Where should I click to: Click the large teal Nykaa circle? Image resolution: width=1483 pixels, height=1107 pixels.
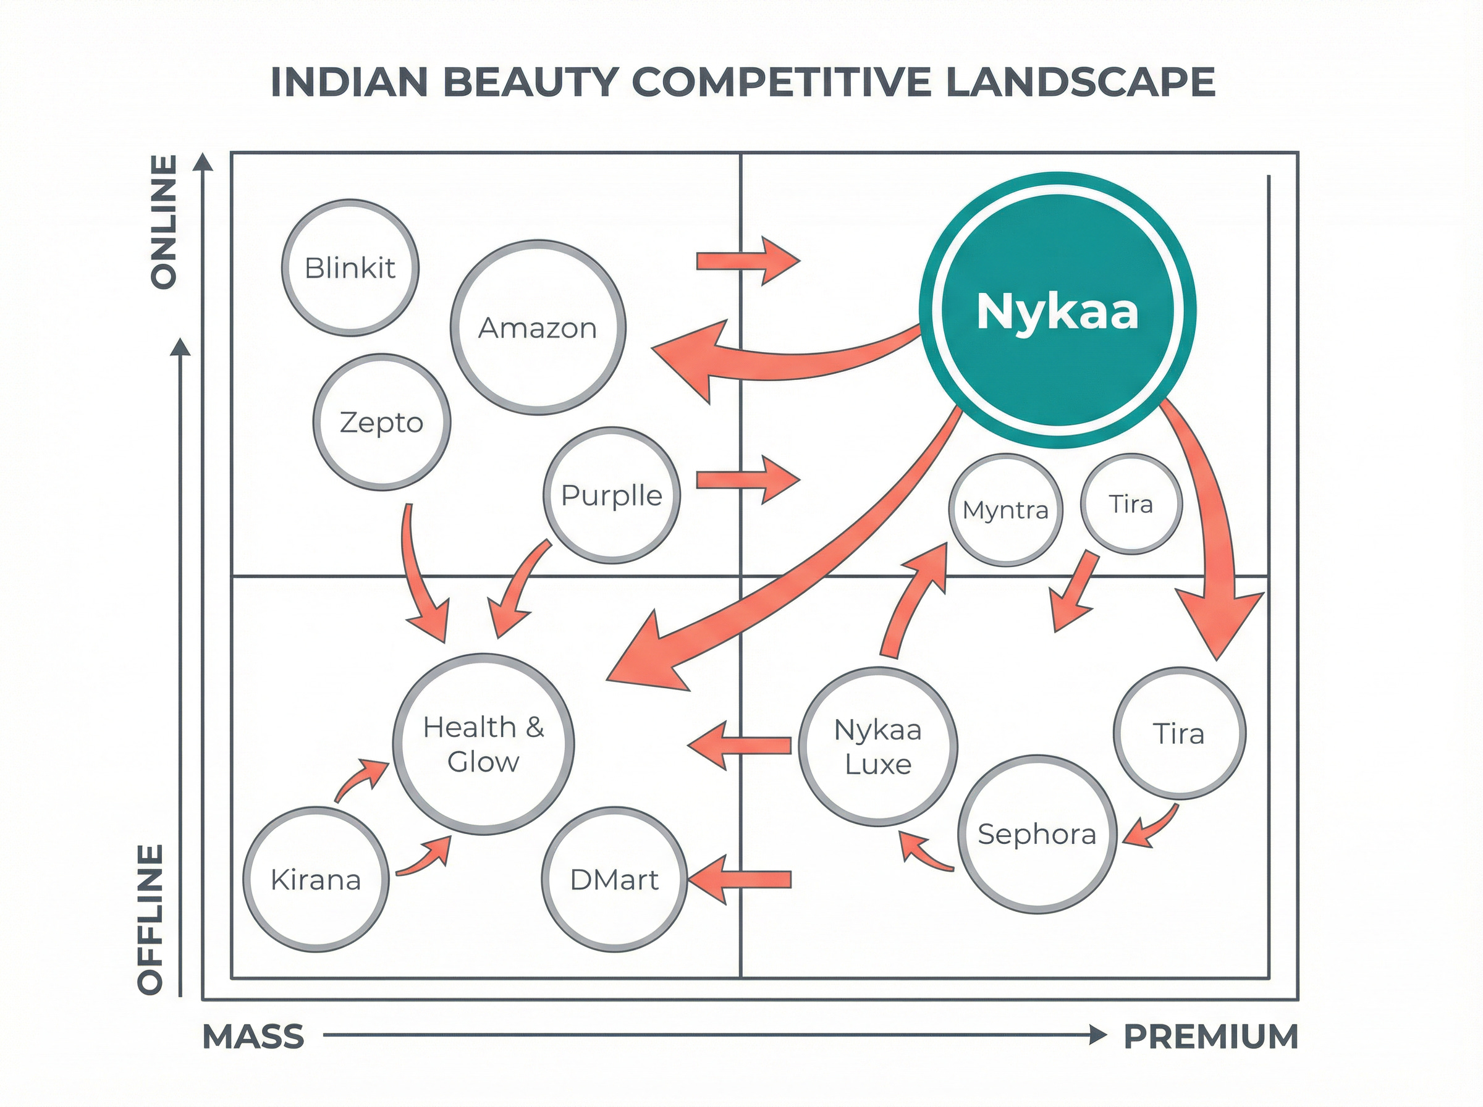[1057, 310]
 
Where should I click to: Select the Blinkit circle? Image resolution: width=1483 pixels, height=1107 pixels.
[350, 267]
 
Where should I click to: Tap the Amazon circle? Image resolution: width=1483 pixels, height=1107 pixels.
[538, 327]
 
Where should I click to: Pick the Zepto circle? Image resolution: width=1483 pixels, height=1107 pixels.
[381, 422]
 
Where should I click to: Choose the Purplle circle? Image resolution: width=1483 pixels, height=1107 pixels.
[611, 495]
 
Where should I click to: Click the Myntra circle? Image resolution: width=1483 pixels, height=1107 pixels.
[1005, 510]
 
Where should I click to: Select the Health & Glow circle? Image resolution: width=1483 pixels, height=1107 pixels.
[483, 744]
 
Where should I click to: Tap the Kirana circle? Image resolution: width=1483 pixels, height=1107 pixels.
[316, 879]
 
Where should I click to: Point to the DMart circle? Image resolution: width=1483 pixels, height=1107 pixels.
[614, 879]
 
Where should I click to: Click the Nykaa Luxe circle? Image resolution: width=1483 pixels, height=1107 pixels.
[878, 746]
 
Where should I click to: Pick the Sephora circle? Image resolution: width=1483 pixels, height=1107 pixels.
[1037, 835]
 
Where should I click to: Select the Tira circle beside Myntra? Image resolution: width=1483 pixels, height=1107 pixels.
[1131, 504]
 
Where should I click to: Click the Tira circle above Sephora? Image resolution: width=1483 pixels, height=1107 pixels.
[1179, 733]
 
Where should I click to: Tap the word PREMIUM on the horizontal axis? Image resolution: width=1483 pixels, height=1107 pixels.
[1210, 1037]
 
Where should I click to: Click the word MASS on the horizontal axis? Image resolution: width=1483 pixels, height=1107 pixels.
[253, 1037]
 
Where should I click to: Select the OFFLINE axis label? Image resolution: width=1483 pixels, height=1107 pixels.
[151, 919]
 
